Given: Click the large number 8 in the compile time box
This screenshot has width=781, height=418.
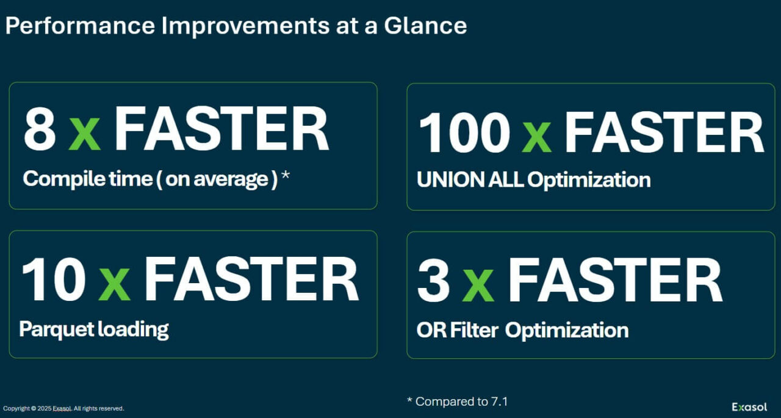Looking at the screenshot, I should [40, 129].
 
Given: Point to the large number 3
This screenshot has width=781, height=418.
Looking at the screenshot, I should [434, 281].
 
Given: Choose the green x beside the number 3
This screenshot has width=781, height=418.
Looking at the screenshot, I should [478, 285].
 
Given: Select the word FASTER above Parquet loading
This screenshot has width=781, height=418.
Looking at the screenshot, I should [251, 279].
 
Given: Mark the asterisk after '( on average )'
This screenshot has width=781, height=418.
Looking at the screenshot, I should [285, 177].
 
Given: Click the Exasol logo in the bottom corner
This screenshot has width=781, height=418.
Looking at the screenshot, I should [749, 407].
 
